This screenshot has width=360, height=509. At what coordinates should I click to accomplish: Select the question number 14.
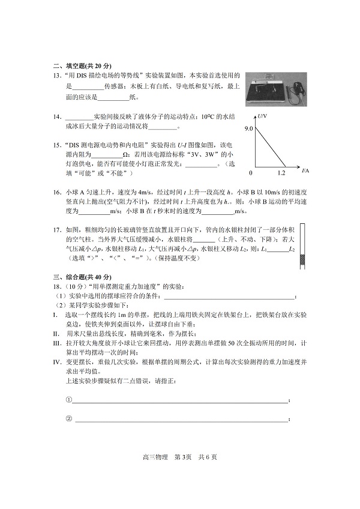58,116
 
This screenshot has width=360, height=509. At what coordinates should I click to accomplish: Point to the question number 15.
58,146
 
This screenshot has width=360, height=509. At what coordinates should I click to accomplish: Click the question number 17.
58,230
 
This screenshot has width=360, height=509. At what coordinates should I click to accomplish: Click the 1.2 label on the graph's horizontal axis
281,173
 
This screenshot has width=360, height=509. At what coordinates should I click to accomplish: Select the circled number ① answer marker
68,400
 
